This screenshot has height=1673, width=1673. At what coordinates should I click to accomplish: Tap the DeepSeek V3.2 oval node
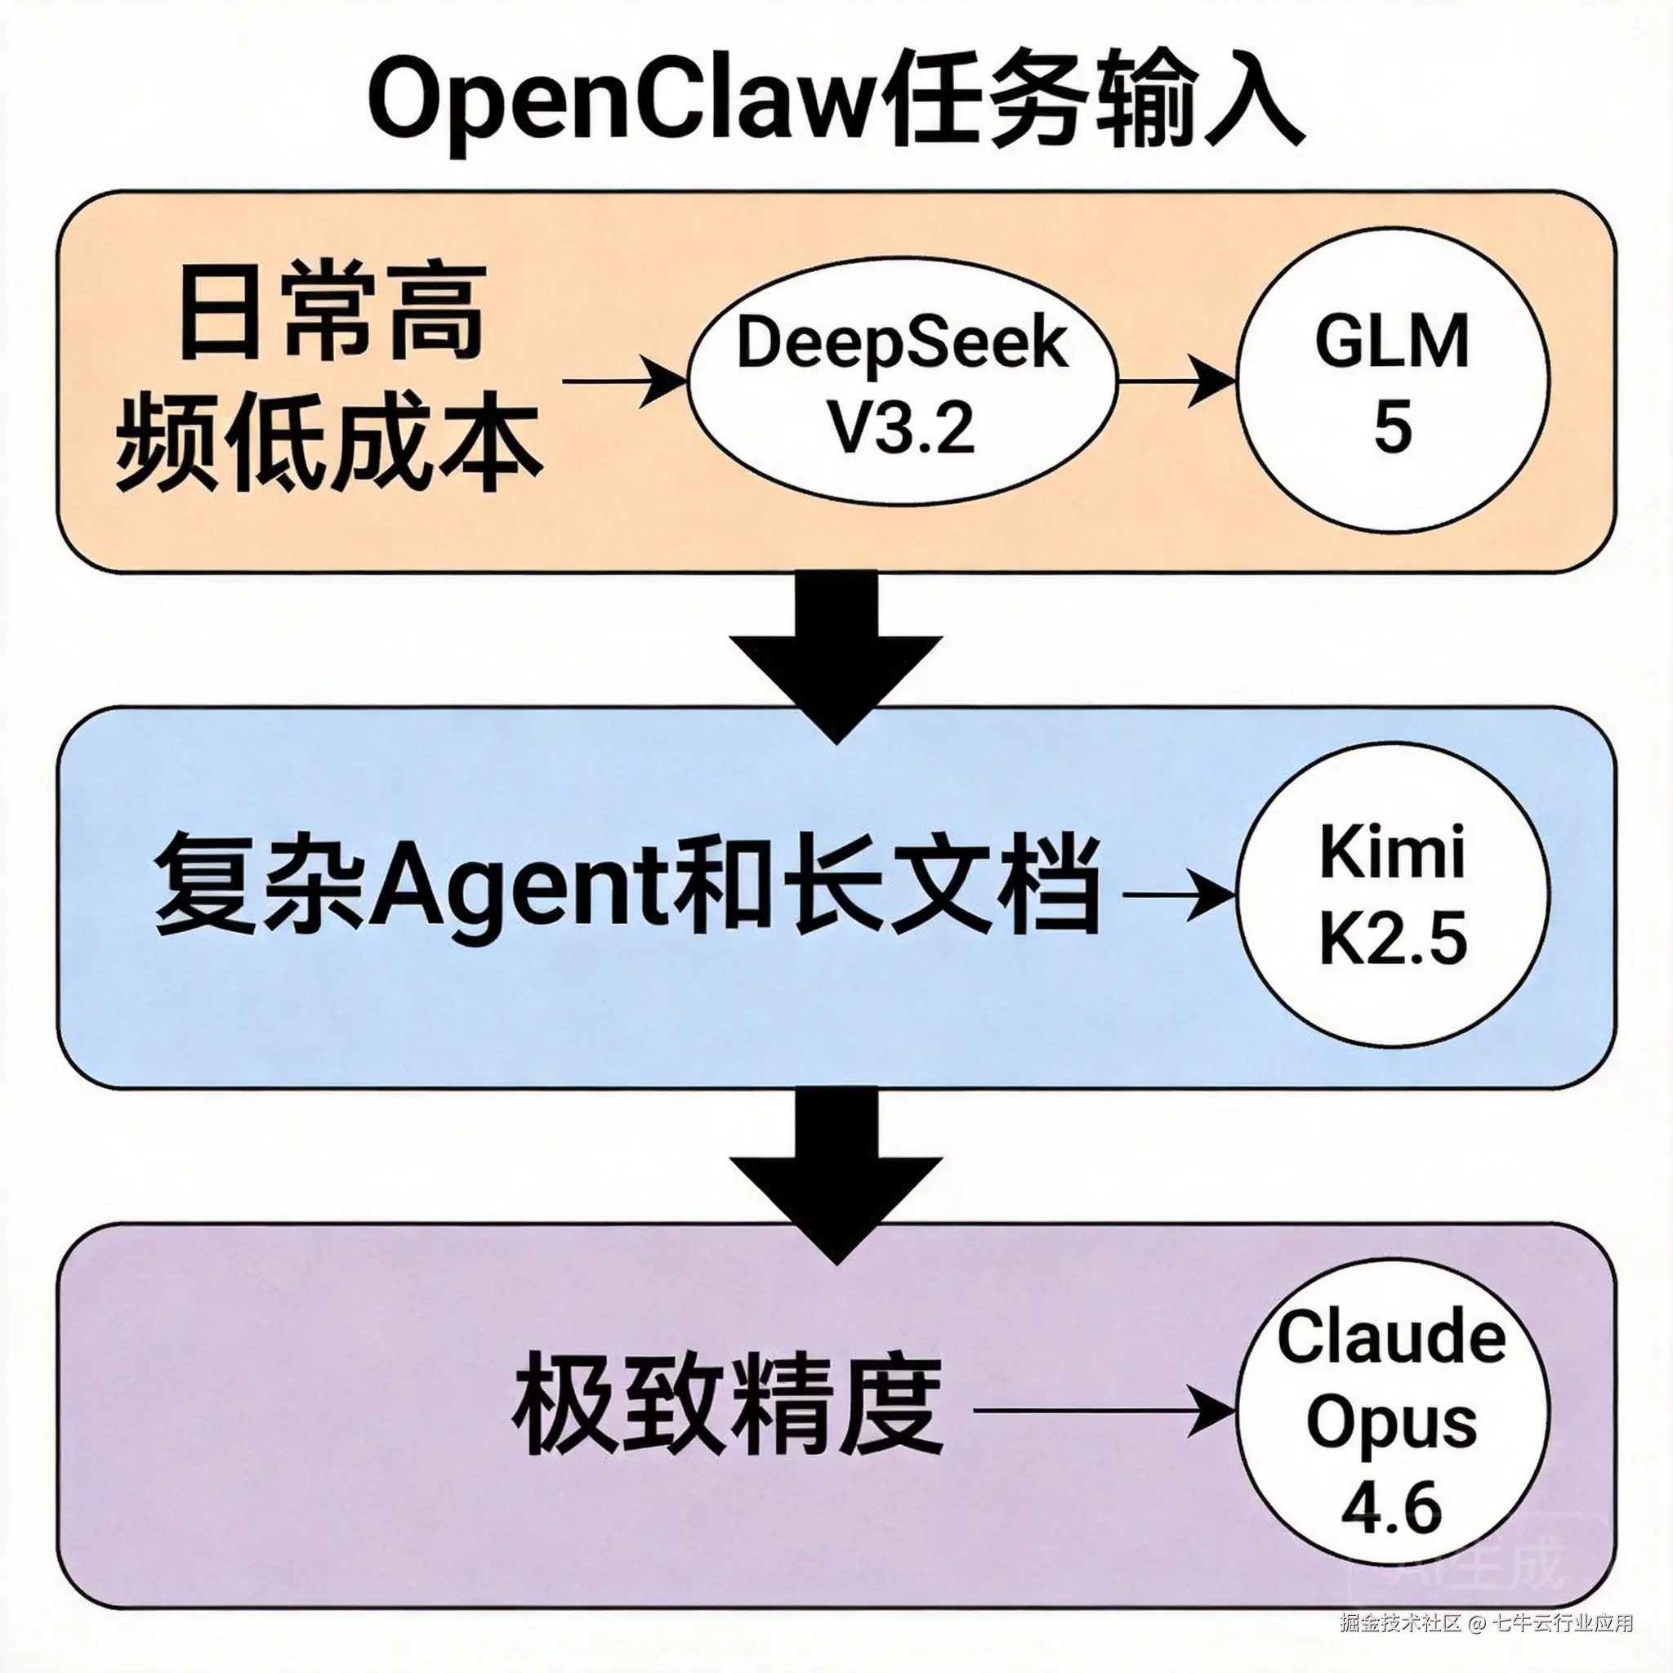coord(903,381)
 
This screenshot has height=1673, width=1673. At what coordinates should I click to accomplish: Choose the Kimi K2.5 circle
coord(1391,895)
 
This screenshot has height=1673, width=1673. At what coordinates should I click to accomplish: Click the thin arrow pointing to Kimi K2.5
coord(1178,894)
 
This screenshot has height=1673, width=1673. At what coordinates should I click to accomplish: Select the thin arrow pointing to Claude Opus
coord(1104,1411)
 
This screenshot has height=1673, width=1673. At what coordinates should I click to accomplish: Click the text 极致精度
coord(727,1410)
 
